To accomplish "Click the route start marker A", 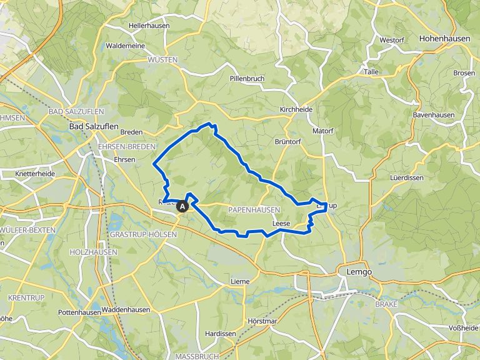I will (182, 206).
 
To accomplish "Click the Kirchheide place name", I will (296, 109).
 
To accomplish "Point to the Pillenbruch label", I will (247, 78).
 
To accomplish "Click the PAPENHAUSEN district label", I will (254, 209).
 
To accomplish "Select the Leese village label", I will (281, 222).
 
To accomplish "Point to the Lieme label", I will (239, 281).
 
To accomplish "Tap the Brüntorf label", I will (288, 142).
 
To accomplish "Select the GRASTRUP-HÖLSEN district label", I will (142, 234).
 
